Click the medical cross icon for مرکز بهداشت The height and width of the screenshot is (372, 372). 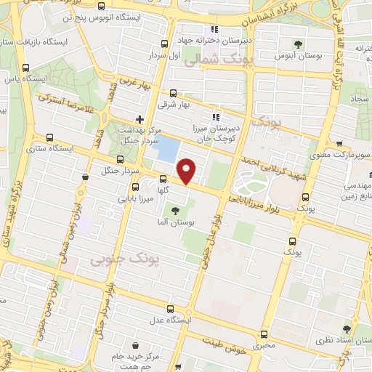(139, 118)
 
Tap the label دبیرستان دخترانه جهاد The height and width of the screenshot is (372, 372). (216, 42)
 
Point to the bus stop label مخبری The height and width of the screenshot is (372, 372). (264, 347)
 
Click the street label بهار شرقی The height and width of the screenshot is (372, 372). (174, 105)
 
